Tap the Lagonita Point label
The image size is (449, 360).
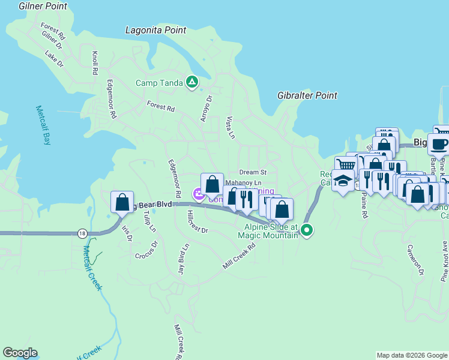click(155, 30)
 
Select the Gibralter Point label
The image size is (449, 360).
click(307, 95)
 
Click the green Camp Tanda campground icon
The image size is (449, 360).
click(191, 82)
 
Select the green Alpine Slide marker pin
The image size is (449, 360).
click(307, 230)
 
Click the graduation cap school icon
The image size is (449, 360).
click(343, 181)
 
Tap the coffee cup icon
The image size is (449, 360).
click(438, 144)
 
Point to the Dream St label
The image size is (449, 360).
click(252, 172)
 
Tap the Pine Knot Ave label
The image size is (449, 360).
click(444, 261)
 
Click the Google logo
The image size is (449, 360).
click(20, 353)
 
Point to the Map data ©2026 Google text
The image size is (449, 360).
click(411, 355)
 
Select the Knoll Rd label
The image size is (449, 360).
click(95, 63)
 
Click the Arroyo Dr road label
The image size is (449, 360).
click(206, 108)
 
